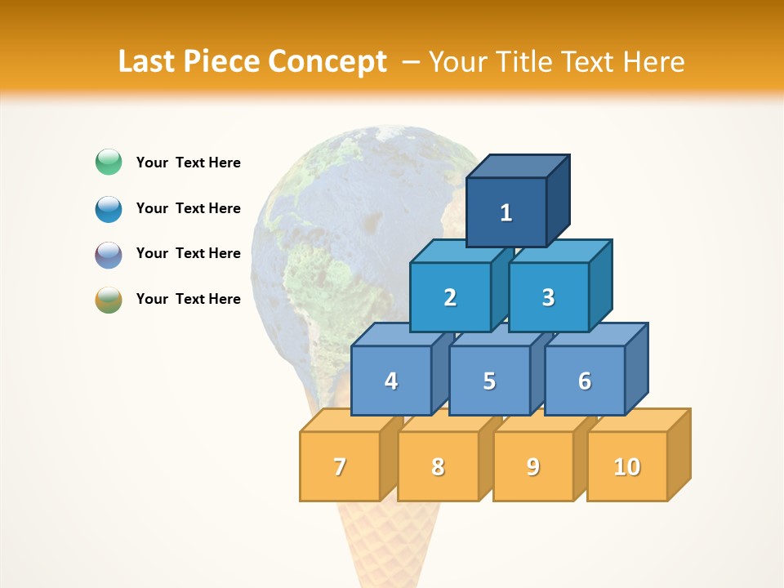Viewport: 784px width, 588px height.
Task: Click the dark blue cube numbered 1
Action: pos(506,212)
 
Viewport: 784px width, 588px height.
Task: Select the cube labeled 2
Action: pos(450,297)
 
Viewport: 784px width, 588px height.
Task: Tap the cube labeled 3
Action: pos(548,297)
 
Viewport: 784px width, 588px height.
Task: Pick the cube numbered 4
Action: pos(391,381)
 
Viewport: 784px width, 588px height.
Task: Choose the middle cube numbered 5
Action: pos(489,381)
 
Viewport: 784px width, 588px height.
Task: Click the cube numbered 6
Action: pos(585,381)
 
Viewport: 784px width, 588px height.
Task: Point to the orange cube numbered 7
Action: pos(340,466)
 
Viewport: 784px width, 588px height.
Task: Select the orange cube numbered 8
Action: pos(438,466)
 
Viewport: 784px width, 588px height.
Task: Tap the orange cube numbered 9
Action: pos(532,466)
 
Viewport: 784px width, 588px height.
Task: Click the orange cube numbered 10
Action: pos(627,466)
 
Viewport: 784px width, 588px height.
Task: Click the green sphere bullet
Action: pos(109,163)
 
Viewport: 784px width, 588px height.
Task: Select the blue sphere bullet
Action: pos(109,208)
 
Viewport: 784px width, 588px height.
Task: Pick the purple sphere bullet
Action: pos(109,254)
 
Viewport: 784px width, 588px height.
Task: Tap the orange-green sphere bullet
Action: pos(109,300)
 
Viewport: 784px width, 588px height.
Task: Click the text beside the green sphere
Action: pos(189,163)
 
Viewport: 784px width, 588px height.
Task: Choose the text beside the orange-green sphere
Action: pos(189,299)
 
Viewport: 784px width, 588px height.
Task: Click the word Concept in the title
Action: pos(327,62)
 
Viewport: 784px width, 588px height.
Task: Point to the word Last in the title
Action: pos(148,62)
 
